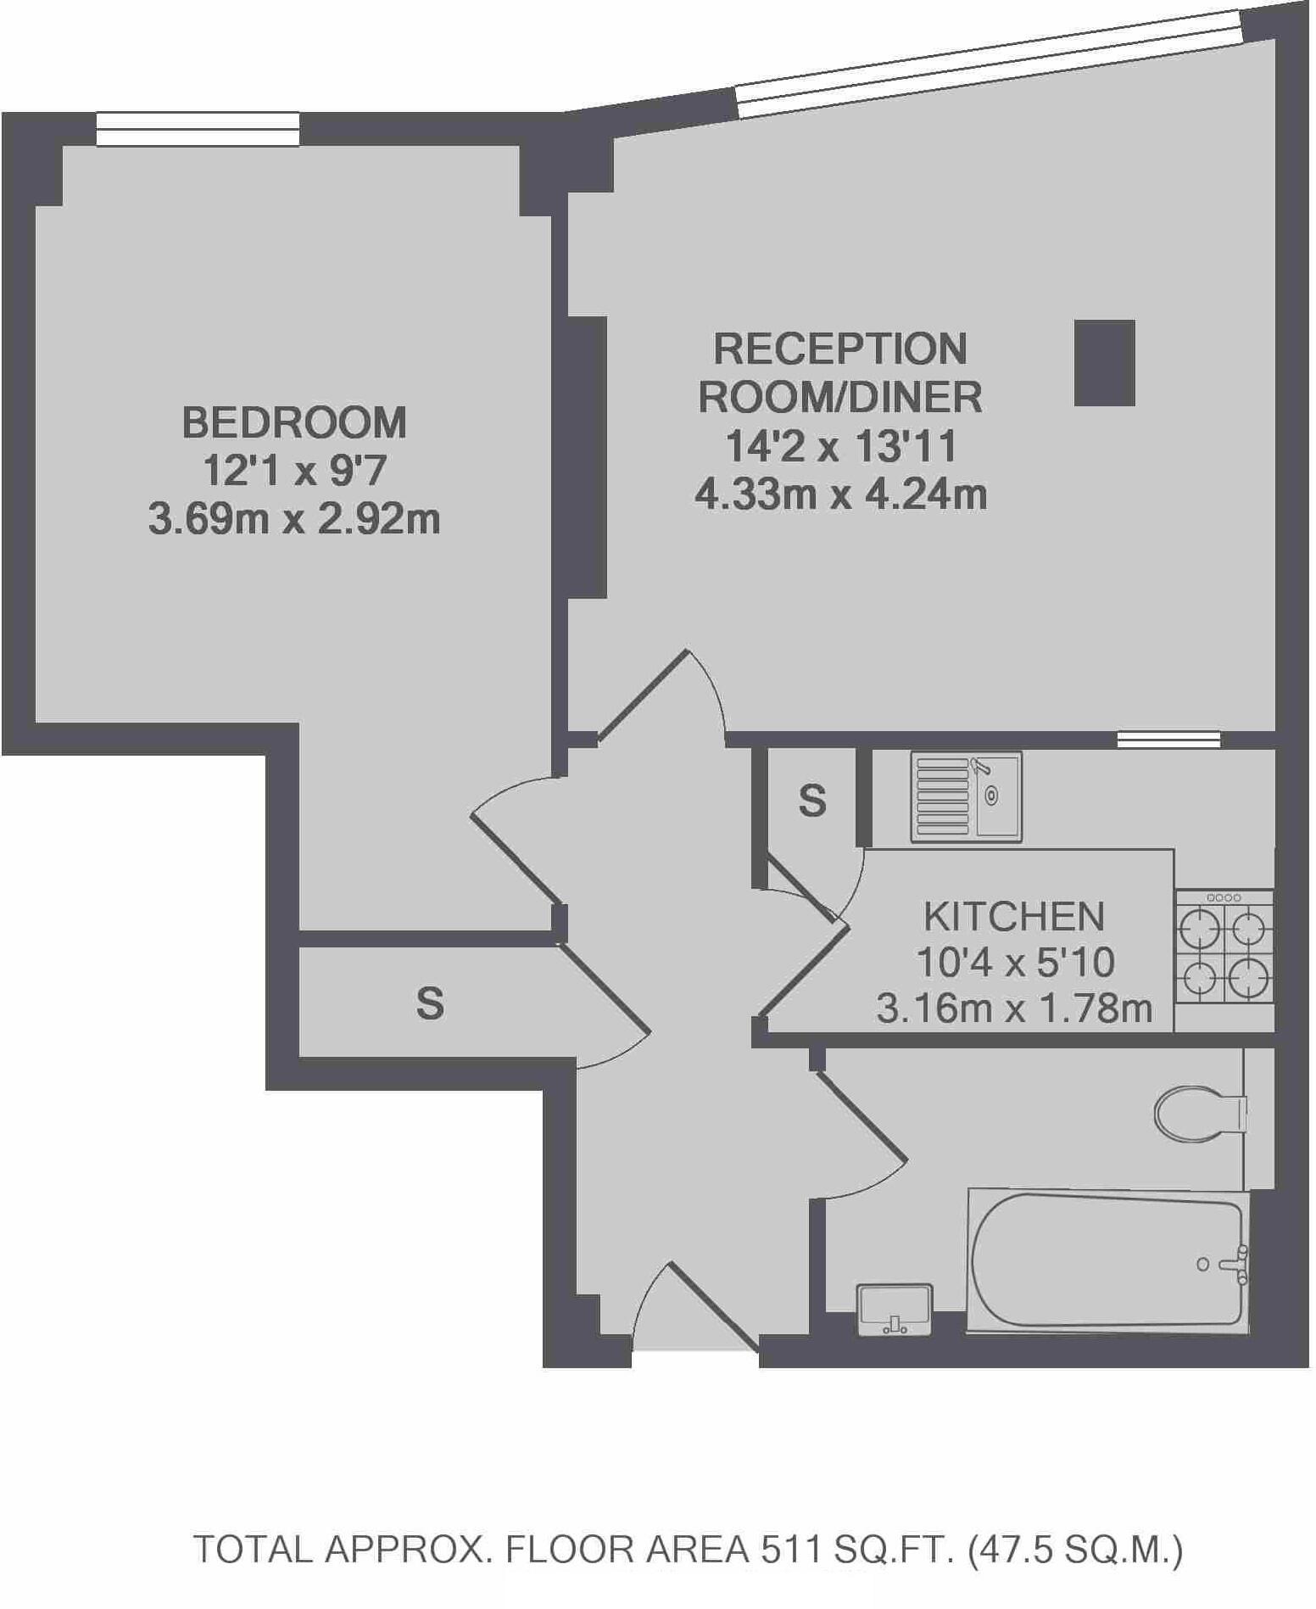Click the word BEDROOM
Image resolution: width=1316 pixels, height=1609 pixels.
pyautogui.click(x=294, y=422)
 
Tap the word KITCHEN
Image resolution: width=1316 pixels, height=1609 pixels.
pyautogui.click(x=1013, y=916)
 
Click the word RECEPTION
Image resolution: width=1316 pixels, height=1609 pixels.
pyautogui.click(x=839, y=349)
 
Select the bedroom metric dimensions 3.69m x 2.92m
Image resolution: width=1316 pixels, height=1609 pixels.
pyautogui.click(x=294, y=519)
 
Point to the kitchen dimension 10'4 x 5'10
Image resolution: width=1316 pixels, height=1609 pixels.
pyautogui.click(x=1014, y=962)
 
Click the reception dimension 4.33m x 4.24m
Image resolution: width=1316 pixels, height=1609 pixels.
pyautogui.click(x=840, y=494)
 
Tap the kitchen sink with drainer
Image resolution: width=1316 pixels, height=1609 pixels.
pyautogui.click(x=966, y=796)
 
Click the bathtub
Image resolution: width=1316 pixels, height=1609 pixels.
pyautogui.click(x=1107, y=1260)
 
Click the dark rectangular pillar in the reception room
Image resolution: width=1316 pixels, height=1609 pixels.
pyautogui.click(x=1104, y=362)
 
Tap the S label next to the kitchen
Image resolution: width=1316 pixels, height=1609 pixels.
pyautogui.click(x=811, y=800)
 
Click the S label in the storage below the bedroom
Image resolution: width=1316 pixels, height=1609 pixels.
pyautogui.click(x=430, y=1003)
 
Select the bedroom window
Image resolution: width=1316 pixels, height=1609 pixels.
pyautogui.click(x=198, y=130)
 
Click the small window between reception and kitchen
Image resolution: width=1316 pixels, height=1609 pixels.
pyautogui.click(x=1168, y=739)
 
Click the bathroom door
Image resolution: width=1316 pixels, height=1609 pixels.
pyautogui.click(x=860, y=1115)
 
